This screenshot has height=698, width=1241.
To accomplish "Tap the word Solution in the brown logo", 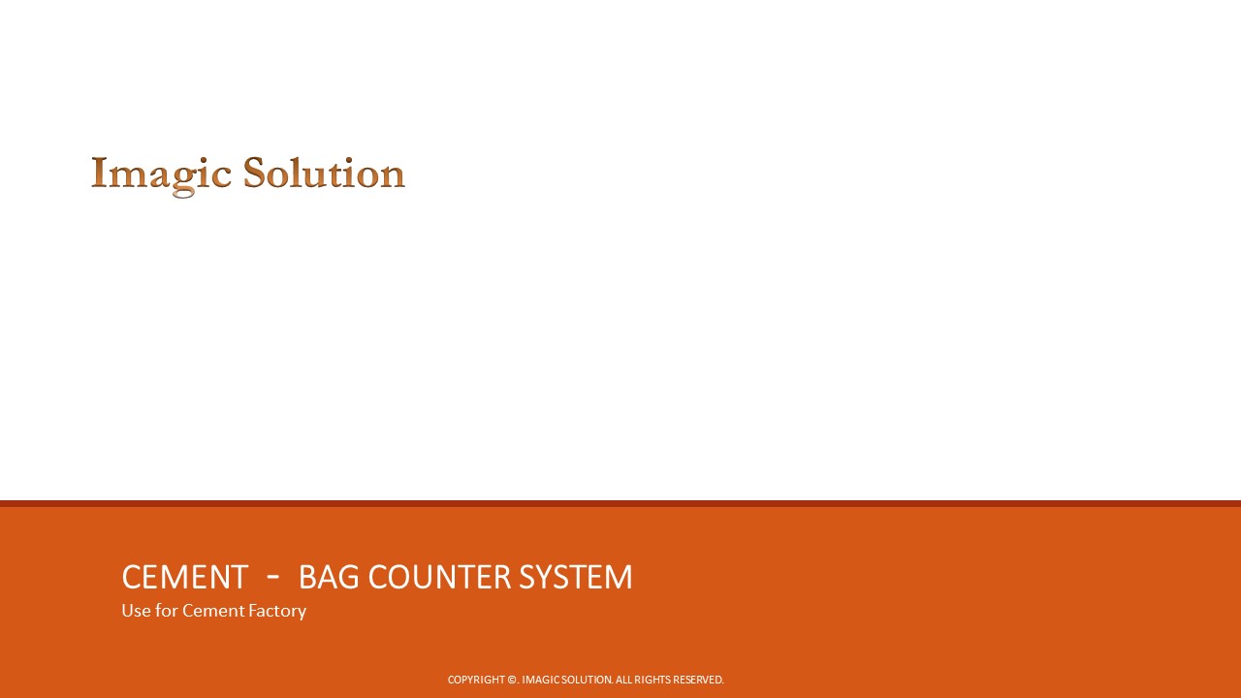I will [324, 174].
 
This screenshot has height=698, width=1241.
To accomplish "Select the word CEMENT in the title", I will [184, 578].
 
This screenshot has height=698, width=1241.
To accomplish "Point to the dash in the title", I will [273, 577].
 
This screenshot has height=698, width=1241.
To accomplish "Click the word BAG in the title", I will [329, 578].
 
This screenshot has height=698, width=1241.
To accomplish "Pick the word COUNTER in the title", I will [440, 578].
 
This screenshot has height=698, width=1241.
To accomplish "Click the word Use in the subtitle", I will [136, 611].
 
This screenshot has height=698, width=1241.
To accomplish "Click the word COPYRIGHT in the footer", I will [476, 680].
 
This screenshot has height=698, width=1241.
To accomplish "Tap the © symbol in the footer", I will [512, 680].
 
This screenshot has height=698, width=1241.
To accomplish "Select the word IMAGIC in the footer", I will [540, 680].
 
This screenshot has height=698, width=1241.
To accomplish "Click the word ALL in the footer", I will [623, 680].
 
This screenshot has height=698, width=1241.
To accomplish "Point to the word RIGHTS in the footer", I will [652, 680].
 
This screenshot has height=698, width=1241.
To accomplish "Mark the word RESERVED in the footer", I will [698, 680].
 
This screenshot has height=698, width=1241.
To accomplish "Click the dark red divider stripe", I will [620, 503].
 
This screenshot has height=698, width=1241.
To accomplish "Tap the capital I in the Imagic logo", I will [98, 174].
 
